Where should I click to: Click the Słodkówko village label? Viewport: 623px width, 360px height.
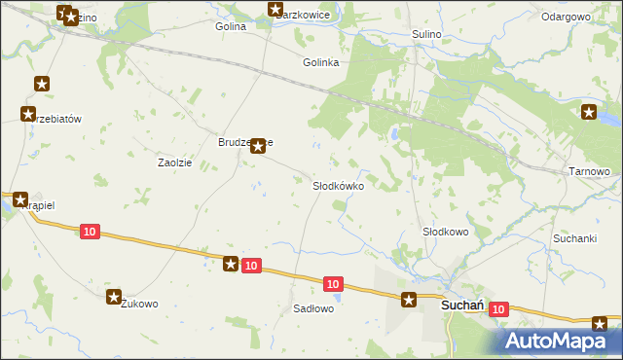coord(338,185)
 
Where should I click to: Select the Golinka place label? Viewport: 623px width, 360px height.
coord(320,62)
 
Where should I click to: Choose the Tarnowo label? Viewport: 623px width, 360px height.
coord(588,171)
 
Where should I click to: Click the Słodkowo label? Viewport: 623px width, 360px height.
coord(445,232)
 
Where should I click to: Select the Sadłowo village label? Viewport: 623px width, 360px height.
coord(313,308)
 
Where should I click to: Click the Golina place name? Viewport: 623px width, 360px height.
coord(231,26)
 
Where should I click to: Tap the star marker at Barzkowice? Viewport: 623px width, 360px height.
coord(275,11)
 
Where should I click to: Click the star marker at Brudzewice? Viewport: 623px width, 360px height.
coord(257,147)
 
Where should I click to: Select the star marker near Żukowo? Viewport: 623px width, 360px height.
coord(115,296)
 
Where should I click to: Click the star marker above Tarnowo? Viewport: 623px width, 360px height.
coord(589,113)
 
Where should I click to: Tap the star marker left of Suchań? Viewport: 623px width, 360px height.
coord(410,301)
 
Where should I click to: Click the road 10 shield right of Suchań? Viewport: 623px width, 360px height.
coord(498,308)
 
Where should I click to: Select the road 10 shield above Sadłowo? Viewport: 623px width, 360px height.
coord(333,283)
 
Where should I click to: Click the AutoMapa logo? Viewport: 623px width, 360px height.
coord(561,341)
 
